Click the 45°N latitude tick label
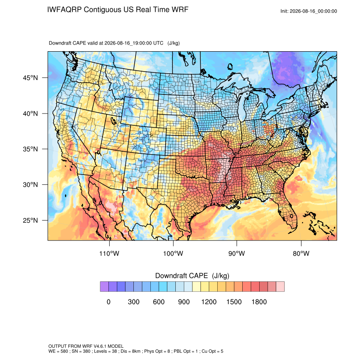[30, 78]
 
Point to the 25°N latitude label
[30, 220]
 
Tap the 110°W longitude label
[109, 253]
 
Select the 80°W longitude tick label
[301, 253]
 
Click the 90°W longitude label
[236, 253]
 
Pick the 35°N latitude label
[30, 149]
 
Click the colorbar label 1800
[259, 302]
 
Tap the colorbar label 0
[108, 302]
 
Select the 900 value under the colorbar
[184, 302]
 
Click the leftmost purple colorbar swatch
[104, 287]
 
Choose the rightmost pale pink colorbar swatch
[280, 287]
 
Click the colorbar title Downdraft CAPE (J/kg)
[192, 276]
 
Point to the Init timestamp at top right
[309, 11]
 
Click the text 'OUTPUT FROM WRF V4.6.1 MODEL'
[86, 346]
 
